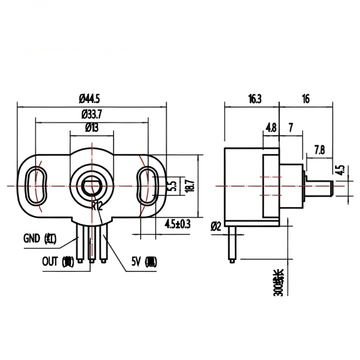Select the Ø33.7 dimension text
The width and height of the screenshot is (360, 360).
pos(92,115)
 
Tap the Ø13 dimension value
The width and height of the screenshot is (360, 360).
pos(92,128)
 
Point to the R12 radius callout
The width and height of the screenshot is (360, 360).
pos(97,205)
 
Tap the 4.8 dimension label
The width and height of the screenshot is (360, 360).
pos(271,127)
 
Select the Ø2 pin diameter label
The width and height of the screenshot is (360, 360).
pos(216,226)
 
